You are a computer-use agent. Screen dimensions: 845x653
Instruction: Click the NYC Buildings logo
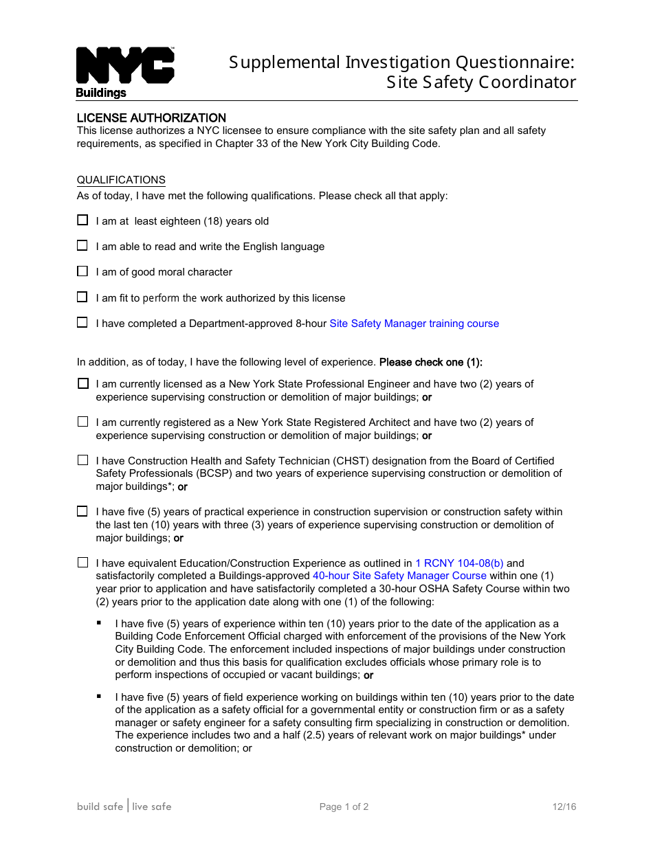pyautogui.click(x=124, y=71)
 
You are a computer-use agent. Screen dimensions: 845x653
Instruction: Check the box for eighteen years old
pyautogui.click(x=82, y=221)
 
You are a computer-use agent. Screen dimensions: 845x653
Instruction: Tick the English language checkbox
pyautogui.click(x=82, y=246)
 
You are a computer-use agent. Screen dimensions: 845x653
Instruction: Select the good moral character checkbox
pyautogui.click(x=82, y=271)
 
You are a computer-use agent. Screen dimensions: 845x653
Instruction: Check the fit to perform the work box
pyautogui.click(x=82, y=297)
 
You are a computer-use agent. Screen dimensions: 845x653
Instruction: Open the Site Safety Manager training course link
pyautogui.click(x=414, y=324)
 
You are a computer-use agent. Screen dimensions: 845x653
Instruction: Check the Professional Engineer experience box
pyautogui.click(x=83, y=384)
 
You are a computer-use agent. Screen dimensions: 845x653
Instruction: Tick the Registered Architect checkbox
pyautogui.click(x=82, y=422)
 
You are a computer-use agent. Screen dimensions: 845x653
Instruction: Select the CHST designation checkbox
pyautogui.click(x=82, y=460)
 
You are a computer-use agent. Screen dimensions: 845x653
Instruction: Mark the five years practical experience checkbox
pyautogui.click(x=82, y=511)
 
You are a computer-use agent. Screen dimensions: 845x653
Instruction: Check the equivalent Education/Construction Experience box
pyautogui.click(x=82, y=563)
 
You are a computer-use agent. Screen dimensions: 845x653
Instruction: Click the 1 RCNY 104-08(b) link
pyautogui.click(x=459, y=563)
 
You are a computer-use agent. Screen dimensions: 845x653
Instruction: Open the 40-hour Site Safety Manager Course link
pyautogui.click(x=399, y=576)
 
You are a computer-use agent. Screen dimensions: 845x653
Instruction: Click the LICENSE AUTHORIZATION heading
pyautogui.click(x=151, y=118)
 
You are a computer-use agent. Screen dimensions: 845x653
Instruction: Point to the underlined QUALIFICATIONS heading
pyautogui.click(x=121, y=180)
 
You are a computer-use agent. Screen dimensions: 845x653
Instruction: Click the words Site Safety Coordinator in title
pyautogui.click(x=481, y=82)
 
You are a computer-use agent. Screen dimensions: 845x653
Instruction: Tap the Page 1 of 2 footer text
pyautogui.click(x=344, y=807)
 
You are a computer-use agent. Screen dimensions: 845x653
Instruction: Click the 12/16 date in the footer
pyautogui.click(x=564, y=807)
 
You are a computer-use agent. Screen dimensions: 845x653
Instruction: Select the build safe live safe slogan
pyautogui.click(x=124, y=807)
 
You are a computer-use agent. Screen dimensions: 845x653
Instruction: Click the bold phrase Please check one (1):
pyautogui.click(x=431, y=362)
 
